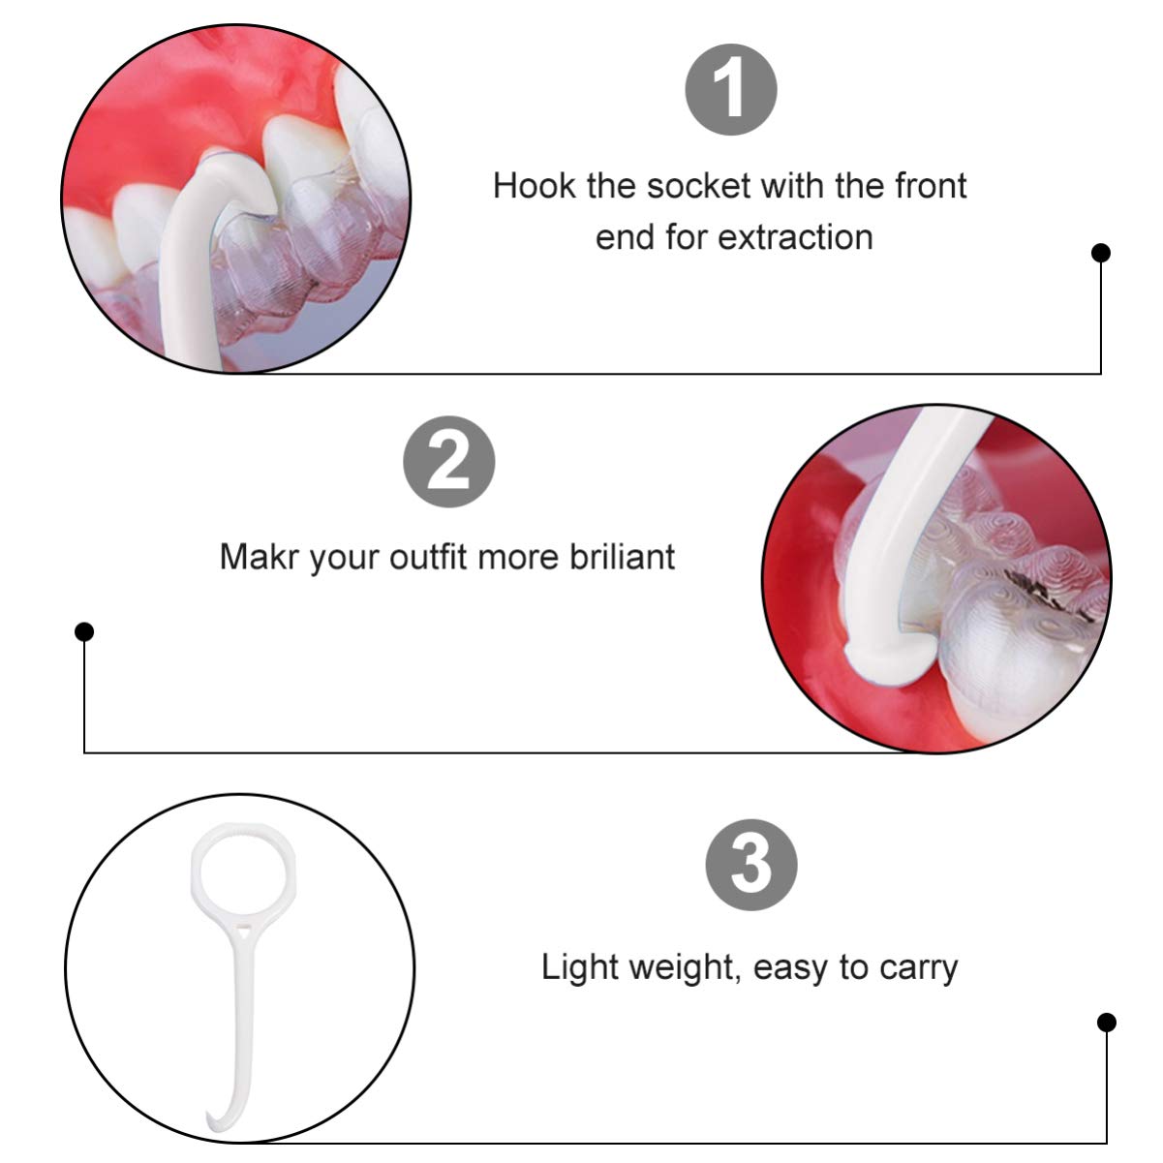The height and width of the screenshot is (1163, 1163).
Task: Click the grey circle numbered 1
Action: tap(730, 89)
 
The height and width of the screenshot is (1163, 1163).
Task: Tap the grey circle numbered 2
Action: tap(448, 461)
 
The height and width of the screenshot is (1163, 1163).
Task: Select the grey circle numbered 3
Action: tap(750, 864)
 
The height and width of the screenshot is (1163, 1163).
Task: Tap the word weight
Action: tap(685, 968)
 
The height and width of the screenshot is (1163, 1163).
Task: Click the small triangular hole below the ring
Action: tap(242, 933)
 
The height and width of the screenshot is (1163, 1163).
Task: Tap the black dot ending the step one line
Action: tap(1101, 253)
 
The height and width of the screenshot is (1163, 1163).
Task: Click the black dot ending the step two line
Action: tap(84, 632)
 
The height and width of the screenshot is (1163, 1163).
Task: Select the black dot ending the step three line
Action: tap(1106, 1023)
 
